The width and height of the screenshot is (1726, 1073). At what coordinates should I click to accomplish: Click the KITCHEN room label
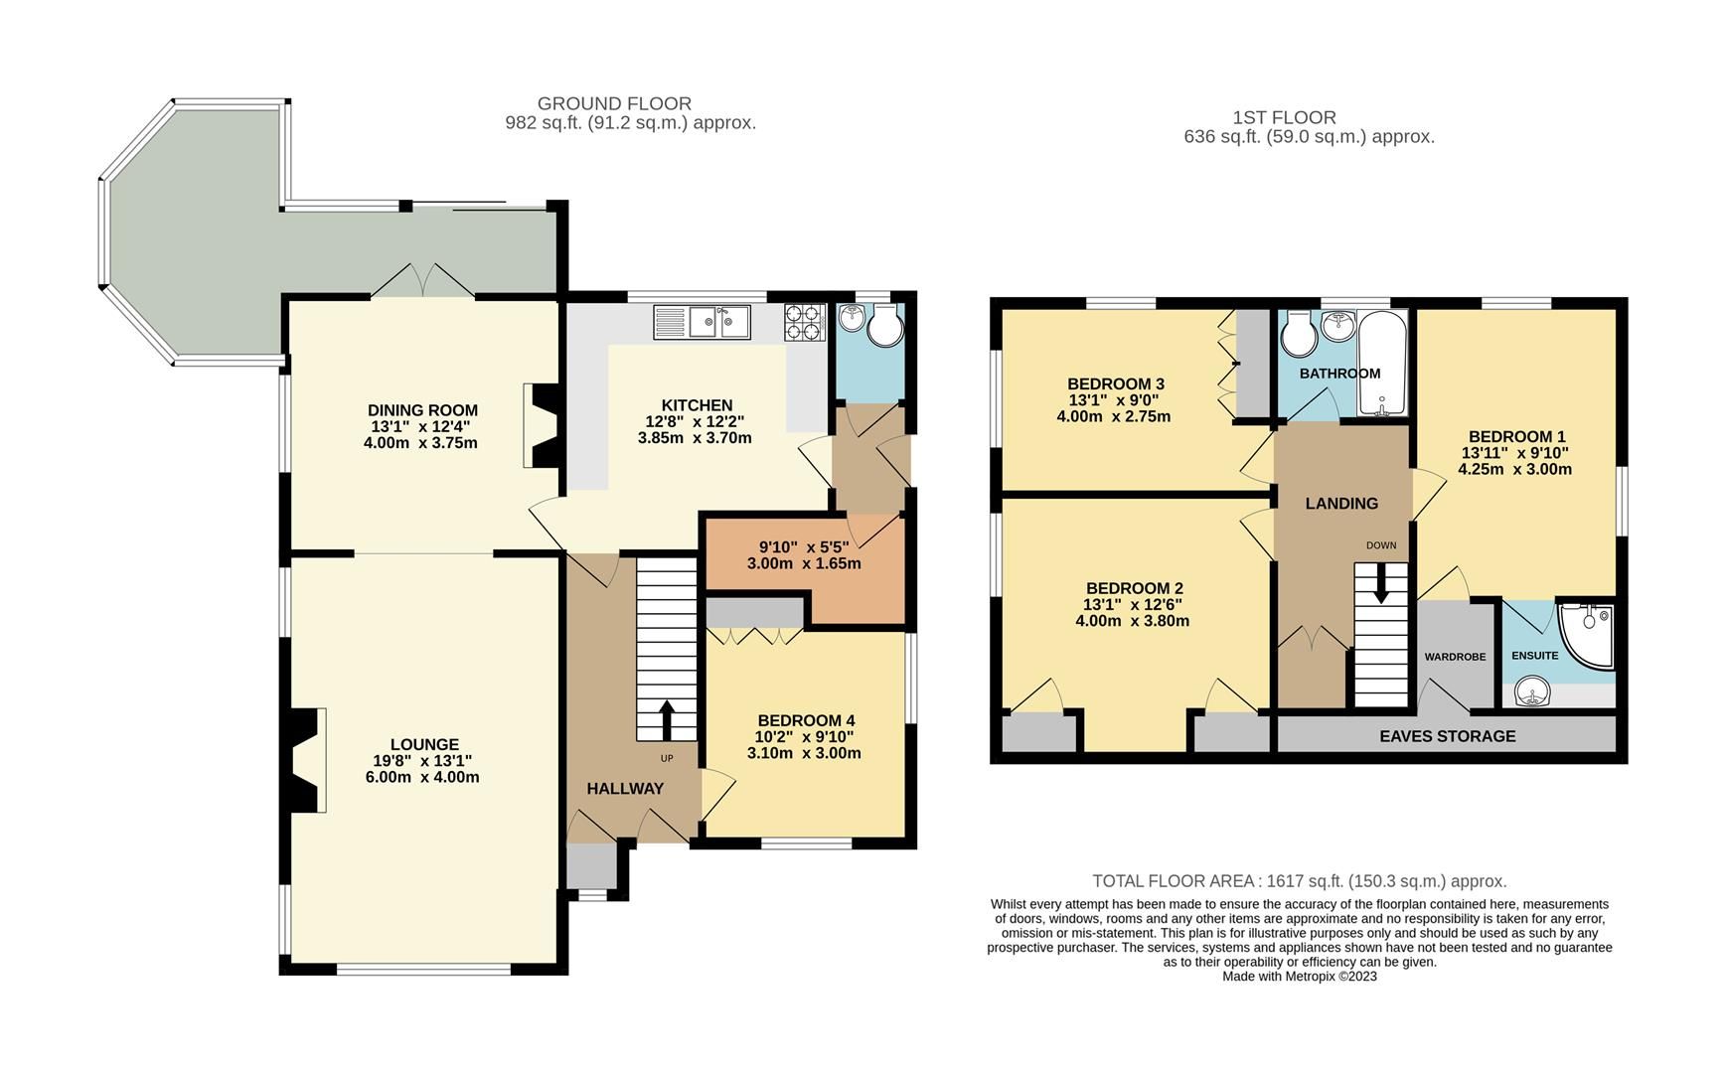tap(697, 405)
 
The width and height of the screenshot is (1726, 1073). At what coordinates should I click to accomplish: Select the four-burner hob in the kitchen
tap(805, 321)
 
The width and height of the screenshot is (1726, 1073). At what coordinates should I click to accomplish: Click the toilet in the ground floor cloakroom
tap(883, 327)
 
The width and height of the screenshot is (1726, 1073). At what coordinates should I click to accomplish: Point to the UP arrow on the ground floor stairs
tap(665, 720)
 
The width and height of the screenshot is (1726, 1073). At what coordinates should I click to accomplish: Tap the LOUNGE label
tap(424, 744)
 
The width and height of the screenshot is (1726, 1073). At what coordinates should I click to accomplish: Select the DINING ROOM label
tap(422, 410)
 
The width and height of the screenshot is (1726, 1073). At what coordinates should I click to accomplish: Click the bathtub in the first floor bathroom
tap(1382, 364)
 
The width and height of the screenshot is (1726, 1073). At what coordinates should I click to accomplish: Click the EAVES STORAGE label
tap(1447, 736)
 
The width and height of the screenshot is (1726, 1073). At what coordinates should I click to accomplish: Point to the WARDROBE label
tap(1455, 657)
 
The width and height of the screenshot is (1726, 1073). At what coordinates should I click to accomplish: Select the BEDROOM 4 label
tap(805, 720)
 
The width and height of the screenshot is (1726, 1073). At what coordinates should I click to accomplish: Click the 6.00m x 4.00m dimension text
tap(422, 777)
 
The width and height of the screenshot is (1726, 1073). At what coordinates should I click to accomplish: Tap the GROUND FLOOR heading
tap(614, 103)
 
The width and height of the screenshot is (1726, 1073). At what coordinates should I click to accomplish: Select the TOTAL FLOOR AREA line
tap(1299, 880)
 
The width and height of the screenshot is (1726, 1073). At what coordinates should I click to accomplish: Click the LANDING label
tap(1341, 504)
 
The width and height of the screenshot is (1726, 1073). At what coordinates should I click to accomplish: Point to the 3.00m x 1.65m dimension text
tap(804, 563)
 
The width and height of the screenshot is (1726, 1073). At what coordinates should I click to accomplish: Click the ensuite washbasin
tap(1534, 691)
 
